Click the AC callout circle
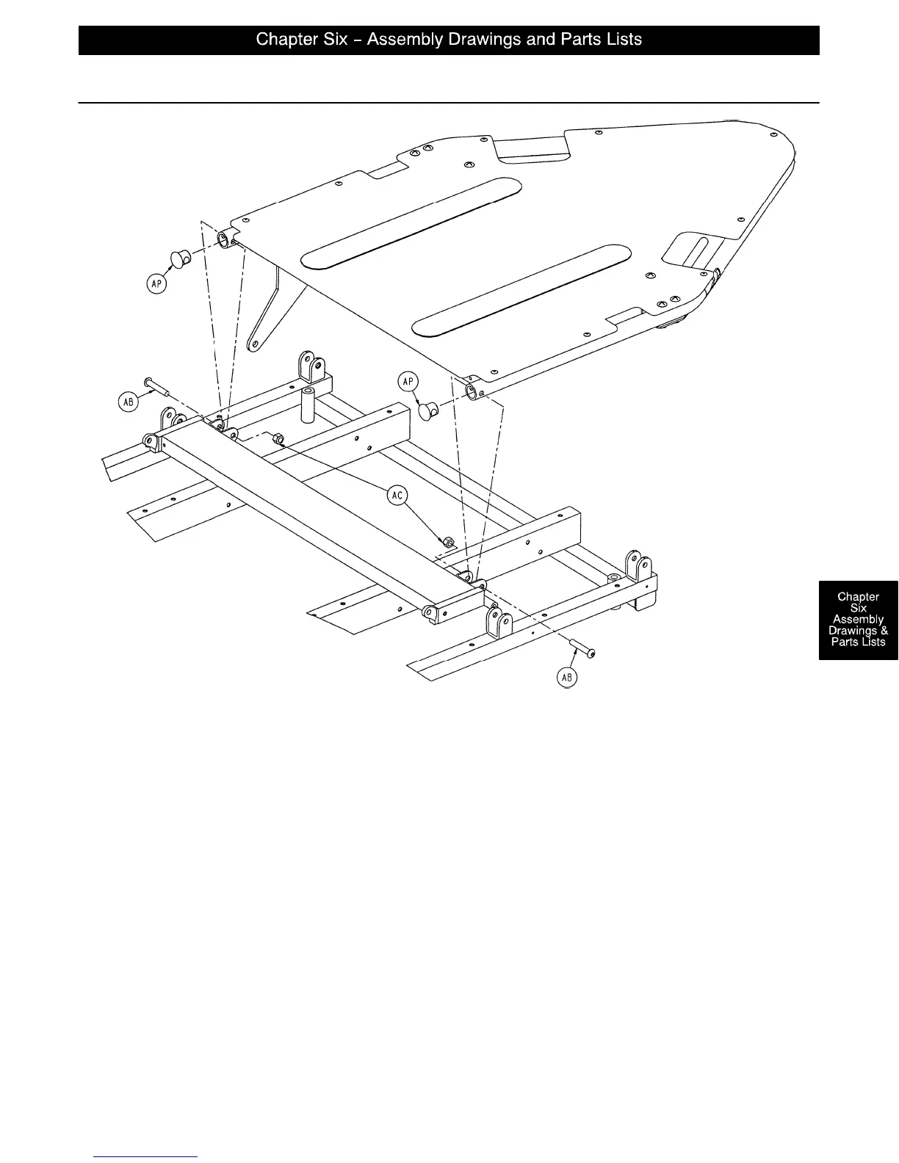click(x=397, y=496)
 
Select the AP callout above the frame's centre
click(x=408, y=382)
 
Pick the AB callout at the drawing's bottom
click(x=567, y=678)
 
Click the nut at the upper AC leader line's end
click(x=278, y=439)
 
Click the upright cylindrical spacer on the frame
click(x=306, y=405)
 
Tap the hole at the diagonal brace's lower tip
click(x=254, y=344)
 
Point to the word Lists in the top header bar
click(x=623, y=40)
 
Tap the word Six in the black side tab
click(x=858, y=608)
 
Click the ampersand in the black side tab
click(x=884, y=631)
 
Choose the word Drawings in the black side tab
click(x=853, y=631)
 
